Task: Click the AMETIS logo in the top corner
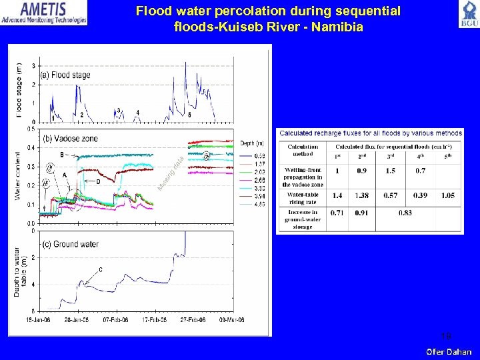(44, 12)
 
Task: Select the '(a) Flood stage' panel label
(66, 75)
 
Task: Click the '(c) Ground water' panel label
(70, 244)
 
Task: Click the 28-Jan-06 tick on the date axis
(77, 320)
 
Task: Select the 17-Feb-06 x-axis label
(155, 320)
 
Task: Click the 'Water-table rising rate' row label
(303, 199)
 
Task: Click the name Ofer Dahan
(449, 351)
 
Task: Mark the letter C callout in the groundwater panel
(100, 269)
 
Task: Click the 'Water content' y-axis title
(18, 175)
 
